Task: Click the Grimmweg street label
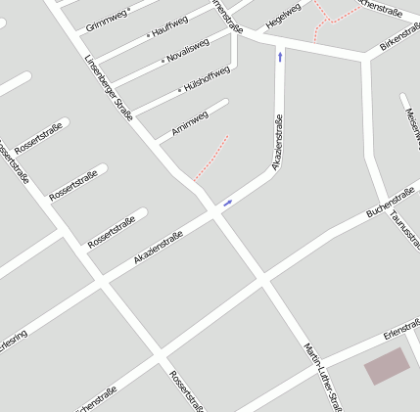tap(107, 17)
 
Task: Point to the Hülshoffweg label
tap(206, 79)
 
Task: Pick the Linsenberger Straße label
tap(109, 98)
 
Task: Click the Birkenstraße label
tap(399, 36)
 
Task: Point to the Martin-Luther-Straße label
tap(322, 376)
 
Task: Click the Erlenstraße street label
tap(401, 330)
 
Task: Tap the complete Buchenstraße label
tap(390, 202)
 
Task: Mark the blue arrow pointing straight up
tap(280, 57)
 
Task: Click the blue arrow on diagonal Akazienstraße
tap(228, 203)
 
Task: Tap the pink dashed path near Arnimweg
tap(211, 159)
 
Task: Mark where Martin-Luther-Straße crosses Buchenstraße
tap(264, 278)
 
